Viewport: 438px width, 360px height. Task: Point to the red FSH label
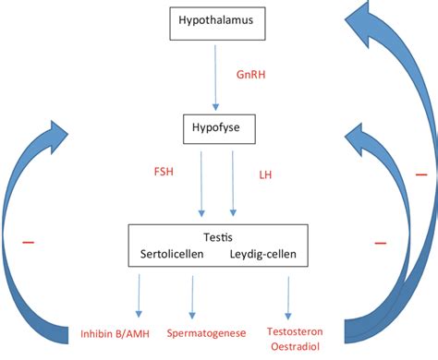coord(165,172)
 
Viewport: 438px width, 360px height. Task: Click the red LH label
coord(266,173)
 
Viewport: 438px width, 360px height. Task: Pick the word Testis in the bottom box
coord(217,237)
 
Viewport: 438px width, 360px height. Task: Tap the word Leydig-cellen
coord(266,254)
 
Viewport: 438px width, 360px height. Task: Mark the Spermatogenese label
coord(205,331)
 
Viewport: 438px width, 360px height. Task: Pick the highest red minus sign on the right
coord(422,174)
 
